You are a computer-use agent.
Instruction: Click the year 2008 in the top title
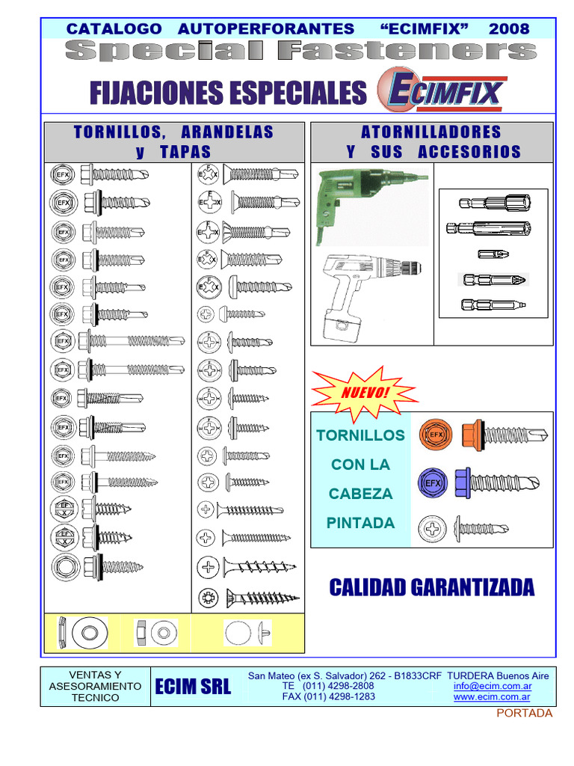point(509,29)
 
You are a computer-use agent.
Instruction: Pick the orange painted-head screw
point(504,434)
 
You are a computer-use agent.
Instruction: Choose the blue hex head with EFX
point(433,483)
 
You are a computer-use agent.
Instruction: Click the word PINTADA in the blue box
point(361,523)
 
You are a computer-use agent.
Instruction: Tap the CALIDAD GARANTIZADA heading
point(432,588)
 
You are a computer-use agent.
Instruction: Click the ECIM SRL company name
point(193,687)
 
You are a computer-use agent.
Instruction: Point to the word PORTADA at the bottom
point(525,713)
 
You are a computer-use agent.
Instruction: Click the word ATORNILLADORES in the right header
point(431,132)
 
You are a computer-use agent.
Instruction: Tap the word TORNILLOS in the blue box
point(361,435)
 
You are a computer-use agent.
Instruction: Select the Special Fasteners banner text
point(301,52)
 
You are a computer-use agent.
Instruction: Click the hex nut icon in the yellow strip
point(140,633)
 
